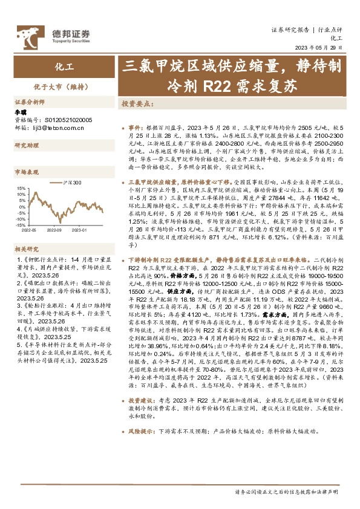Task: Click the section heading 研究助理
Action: tap(26, 146)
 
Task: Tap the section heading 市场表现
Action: tap(26, 172)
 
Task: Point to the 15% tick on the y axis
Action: tap(22, 188)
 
